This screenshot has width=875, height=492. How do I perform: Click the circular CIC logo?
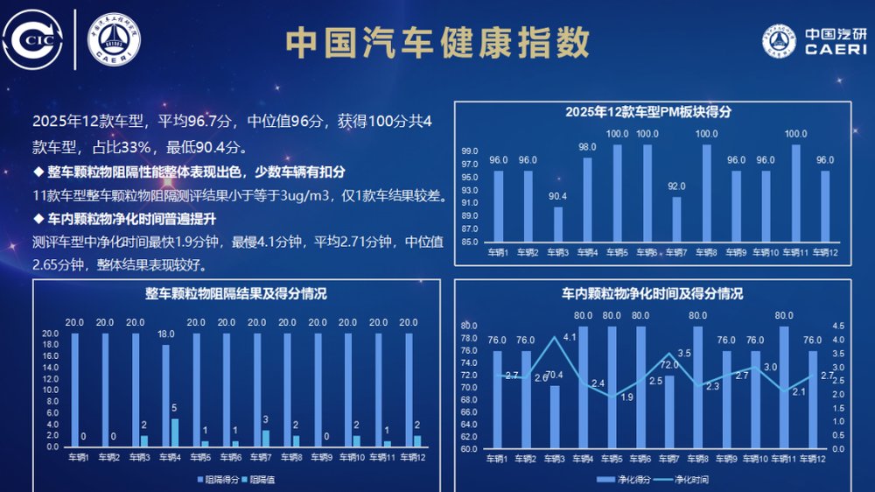click(34, 39)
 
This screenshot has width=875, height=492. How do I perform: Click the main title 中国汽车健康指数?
click(437, 42)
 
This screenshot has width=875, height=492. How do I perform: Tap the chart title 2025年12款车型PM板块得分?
click(647, 111)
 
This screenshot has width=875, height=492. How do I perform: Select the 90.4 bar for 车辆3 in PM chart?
click(558, 224)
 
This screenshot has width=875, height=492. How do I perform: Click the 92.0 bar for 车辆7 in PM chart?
click(676, 219)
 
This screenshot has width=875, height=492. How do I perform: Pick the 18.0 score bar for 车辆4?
click(166, 396)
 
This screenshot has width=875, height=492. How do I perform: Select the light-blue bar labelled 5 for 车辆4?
click(174, 432)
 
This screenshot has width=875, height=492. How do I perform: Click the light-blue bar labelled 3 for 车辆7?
click(265, 438)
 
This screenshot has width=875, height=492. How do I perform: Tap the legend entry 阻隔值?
click(259, 479)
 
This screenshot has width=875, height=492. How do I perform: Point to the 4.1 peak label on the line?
click(570, 337)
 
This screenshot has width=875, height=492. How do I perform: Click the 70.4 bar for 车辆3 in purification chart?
click(555, 418)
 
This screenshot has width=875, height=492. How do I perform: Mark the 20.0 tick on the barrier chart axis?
click(50, 334)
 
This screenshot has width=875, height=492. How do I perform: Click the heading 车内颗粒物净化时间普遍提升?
click(129, 218)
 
